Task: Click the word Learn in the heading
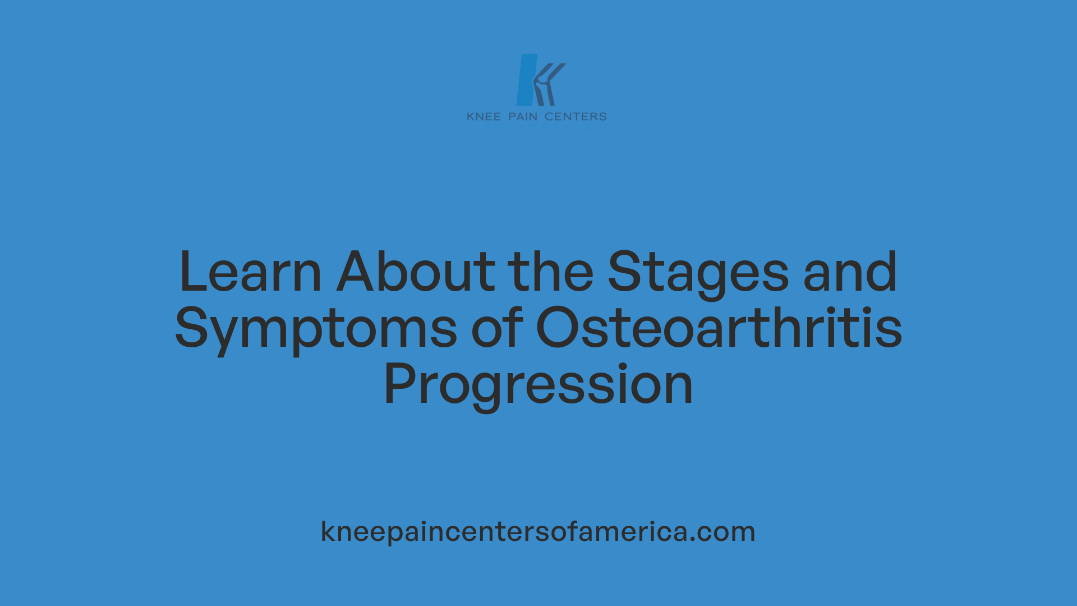250,273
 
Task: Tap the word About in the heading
416,273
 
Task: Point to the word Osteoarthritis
719,329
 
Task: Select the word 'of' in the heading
497,329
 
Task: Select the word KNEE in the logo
484,117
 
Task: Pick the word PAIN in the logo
523,117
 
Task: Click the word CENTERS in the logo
576,117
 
